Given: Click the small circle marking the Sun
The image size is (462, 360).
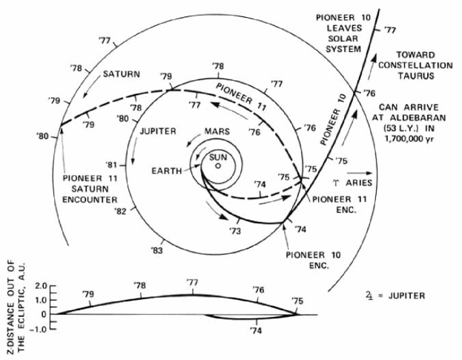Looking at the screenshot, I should click(x=218, y=166).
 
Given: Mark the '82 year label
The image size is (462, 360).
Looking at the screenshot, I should click(x=122, y=213).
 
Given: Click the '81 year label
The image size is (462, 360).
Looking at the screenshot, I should click(x=112, y=165).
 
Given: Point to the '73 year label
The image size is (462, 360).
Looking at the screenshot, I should click(x=235, y=231).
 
